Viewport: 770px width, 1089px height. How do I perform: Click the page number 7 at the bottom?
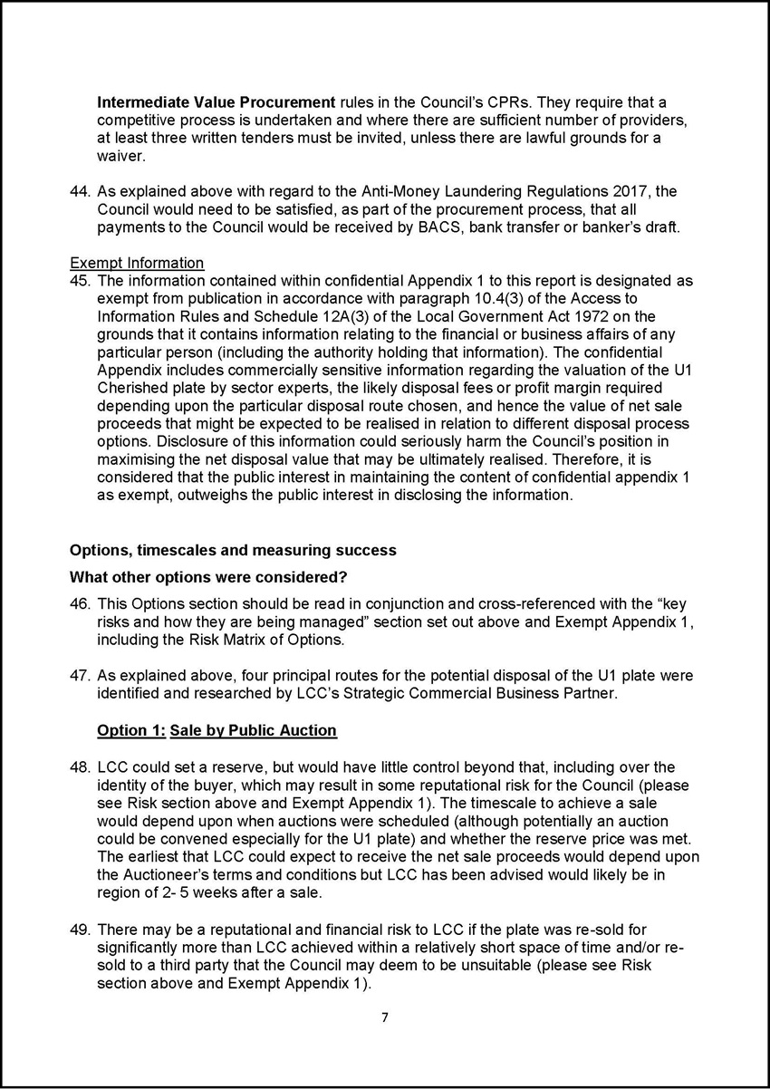click(384, 1017)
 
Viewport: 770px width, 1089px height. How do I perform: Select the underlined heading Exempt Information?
click(137, 264)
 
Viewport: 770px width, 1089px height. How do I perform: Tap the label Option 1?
click(128, 730)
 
